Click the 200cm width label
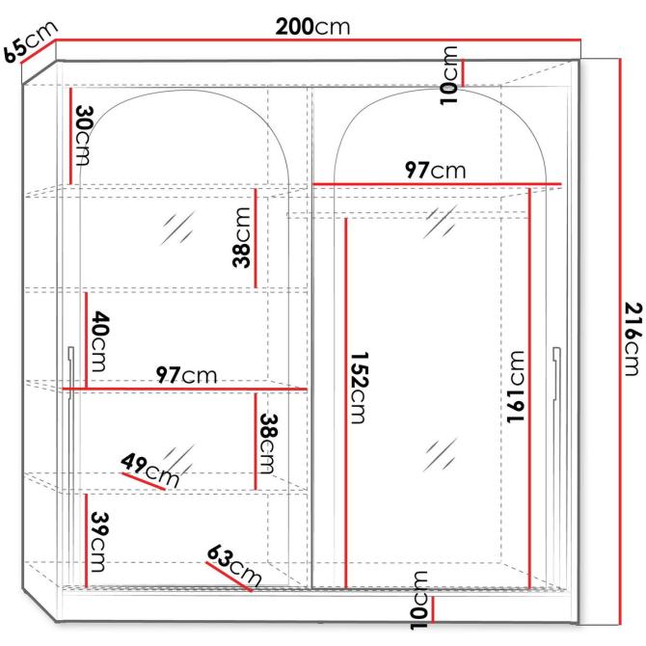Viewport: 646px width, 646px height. [x=312, y=27]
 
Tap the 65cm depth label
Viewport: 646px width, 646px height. [x=31, y=41]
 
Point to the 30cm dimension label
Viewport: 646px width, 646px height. [x=84, y=135]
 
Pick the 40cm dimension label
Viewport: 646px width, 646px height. [x=99, y=341]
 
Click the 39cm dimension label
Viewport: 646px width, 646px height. [x=99, y=541]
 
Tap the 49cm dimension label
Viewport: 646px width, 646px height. [x=150, y=471]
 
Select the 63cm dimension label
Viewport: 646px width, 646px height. [x=234, y=565]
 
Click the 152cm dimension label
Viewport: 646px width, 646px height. [x=359, y=388]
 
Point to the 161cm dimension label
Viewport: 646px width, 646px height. [x=516, y=387]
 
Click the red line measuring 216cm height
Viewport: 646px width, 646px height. [x=620, y=341]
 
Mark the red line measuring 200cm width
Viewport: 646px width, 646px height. [x=318, y=40]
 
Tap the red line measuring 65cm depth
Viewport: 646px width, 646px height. [x=39, y=51]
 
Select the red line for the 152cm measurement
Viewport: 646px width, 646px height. [x=346, y=403]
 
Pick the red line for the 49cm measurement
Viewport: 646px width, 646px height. [x=144, y=481]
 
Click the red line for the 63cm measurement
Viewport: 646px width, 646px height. [x=229, y=577]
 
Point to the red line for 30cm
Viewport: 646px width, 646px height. [x=70, y=136]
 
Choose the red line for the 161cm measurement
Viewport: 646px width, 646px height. [x=530, y=389]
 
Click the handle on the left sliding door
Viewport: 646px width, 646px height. [x=70, y=373]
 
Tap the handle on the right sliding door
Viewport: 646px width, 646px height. [x=556, y=374]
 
